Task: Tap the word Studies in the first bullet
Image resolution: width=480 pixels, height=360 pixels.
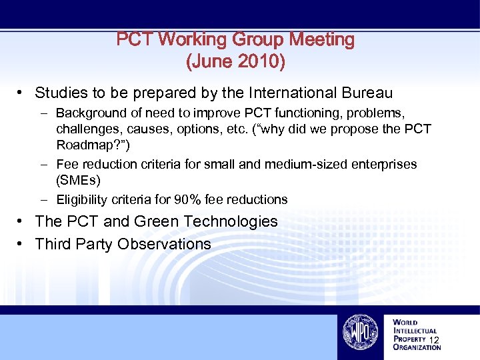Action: coord(59,93)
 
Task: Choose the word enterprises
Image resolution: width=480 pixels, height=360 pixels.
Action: coord(381,164)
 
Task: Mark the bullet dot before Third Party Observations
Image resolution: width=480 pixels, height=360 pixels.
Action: coord(22,244)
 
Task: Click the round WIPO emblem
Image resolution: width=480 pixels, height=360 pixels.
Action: coord(361,331)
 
